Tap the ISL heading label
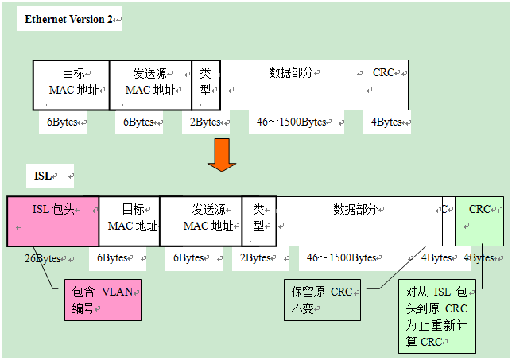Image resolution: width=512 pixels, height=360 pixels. click(x=43, y=175)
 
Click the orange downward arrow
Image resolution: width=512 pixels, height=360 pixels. click(x=222, y=154)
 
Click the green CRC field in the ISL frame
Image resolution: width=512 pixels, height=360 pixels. click(x=479, y=220)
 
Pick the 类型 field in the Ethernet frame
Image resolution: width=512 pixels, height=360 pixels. click(x=206, y=83)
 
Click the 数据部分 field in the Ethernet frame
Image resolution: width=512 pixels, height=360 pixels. click(x=292, y=83)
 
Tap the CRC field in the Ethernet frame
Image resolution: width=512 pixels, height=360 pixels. click(x=386, y=83)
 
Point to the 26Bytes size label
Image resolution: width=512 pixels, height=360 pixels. click(x=42, y=258)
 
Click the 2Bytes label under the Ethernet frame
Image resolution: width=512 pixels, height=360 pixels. click(x=207, y=122)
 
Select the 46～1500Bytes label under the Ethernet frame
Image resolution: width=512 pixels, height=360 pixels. click(x=293, y=122)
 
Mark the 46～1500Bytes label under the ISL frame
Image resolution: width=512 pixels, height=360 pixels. click(x=342, y=258)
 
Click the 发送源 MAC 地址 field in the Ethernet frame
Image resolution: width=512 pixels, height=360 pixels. click(x=151, y=83)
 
